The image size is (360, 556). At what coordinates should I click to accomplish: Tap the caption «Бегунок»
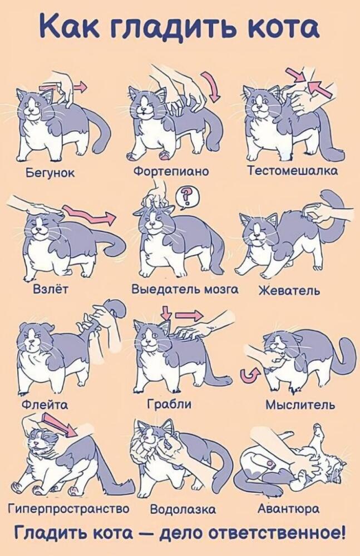50,173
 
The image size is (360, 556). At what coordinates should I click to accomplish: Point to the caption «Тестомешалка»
292,170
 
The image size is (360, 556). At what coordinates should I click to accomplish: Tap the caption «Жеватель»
289,290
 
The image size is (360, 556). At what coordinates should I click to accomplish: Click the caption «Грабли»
169,404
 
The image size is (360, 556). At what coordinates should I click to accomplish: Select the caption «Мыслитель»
300,404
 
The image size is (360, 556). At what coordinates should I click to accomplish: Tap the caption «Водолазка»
183,509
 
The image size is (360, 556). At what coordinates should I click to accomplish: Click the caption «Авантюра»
288,509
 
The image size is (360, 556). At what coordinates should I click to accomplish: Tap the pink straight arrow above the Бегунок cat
64,86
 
